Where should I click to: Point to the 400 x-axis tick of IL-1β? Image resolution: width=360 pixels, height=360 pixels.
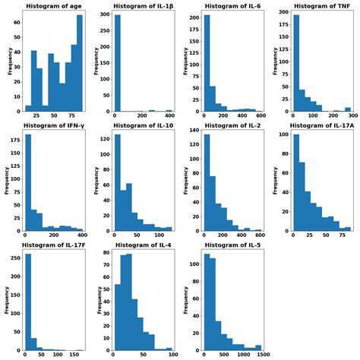point(169,118)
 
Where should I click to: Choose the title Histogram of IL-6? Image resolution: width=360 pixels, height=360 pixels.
point(232,6)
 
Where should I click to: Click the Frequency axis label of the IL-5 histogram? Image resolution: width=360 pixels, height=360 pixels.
point(185,301)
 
